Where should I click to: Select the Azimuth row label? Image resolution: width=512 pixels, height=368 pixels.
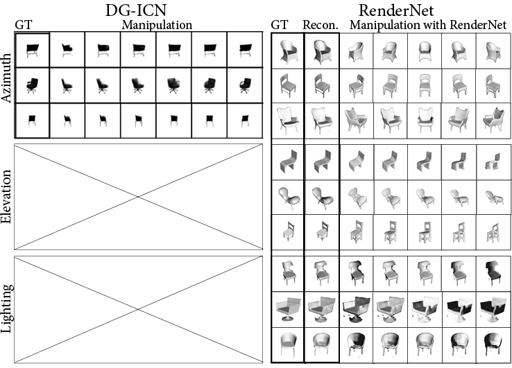tap(7, 85)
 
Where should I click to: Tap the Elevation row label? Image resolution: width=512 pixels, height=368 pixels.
tap(7, 196)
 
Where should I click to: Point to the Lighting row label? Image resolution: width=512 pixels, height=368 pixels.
tap(7, 309)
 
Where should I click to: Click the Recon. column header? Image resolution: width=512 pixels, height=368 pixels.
tap(320, 25)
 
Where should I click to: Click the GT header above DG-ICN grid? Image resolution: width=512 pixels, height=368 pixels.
tap(24, 25)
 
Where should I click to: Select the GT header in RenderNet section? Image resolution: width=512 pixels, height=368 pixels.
tap(280, 25)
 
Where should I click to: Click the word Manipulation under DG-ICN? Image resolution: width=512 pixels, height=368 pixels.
tap(157, 25)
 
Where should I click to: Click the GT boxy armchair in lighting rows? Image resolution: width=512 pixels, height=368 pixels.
tap(287, 308)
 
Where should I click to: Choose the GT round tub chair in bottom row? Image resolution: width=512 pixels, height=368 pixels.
tap(287, 344)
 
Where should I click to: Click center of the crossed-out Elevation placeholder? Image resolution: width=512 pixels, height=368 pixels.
tap(138, 196)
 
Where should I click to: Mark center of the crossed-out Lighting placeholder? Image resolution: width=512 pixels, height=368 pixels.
tap(138, 309)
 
